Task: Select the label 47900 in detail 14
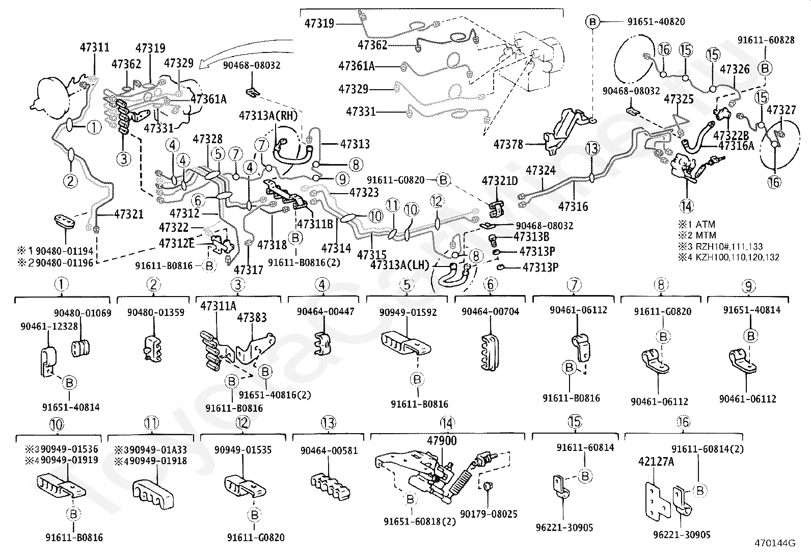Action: [441, 441]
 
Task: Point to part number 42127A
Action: [655, 462]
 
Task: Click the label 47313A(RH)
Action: [267, 116]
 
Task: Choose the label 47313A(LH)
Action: [400, 265]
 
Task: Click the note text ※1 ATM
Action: [696, 224]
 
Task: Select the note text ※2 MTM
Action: [697, 235]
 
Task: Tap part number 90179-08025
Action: [489, 514]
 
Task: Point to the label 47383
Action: [252, 317]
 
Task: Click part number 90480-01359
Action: [155, 312]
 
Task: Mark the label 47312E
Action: [176, 243]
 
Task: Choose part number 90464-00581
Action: [329, 450]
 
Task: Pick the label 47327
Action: [781, 110]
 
